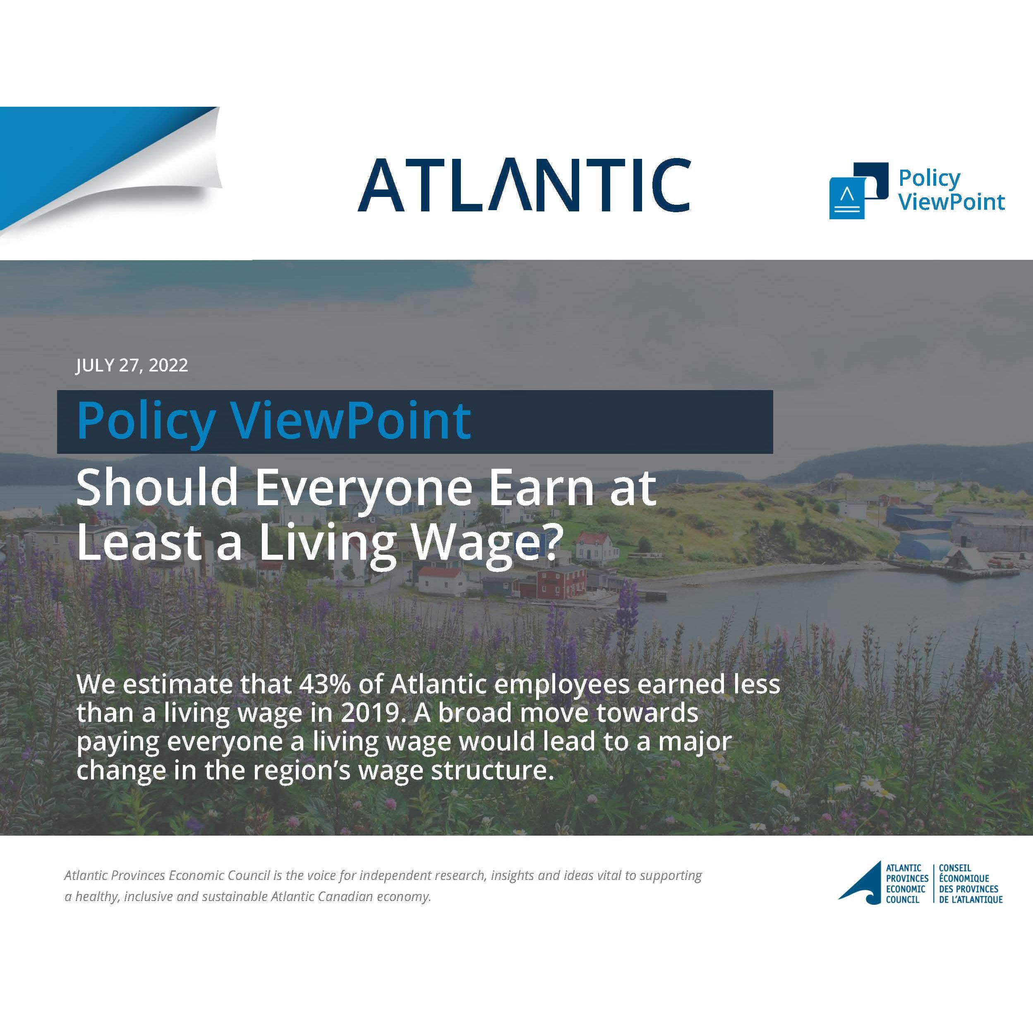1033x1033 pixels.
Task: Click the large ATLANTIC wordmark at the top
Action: click(524, 185)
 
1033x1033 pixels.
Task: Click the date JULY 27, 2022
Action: click(132, 365)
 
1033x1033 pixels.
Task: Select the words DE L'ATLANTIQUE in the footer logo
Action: click(971, 900)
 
